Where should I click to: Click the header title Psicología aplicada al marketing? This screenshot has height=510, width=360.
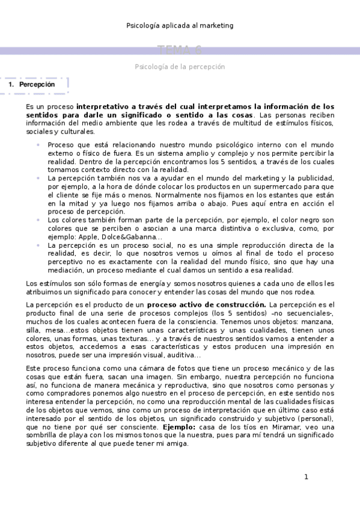click(x=180, y=26)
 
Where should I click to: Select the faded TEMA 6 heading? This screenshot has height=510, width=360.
click(x=180, y=51)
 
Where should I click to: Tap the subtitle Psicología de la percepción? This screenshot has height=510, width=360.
click(x=180, y=67)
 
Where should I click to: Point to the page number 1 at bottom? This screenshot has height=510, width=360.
click(x=306, y=477)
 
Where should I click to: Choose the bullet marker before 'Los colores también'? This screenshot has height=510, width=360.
click(x=37, y=221)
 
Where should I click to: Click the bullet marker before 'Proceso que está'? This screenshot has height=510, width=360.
click(x=37, y=145)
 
